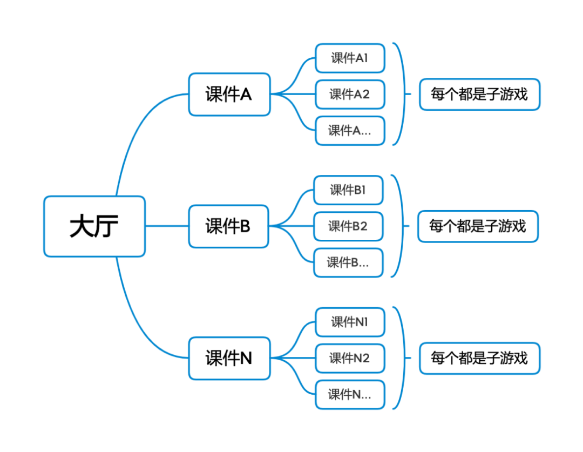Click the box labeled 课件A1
(x=350, y=58)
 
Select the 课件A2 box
(x=350, y=95)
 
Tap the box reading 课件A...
(x=350, y=131)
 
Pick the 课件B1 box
(x=348, y=190)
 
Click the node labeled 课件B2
(x=348, y=226)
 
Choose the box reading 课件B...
(x=348, y=262)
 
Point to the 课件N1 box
(x=350, y=322)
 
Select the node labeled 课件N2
(x=350, y=358)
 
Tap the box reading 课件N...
(x=350, y=395)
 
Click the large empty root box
(x=94, y=226)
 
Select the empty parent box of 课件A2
(x=229, y=95)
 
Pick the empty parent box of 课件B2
(x=229, y=226)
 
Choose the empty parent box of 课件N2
(x=229, y=358)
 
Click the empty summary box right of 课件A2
(x=480, y=95)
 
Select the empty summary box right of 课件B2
(x=478, y=226)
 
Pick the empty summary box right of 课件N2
(x=480, y=358)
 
